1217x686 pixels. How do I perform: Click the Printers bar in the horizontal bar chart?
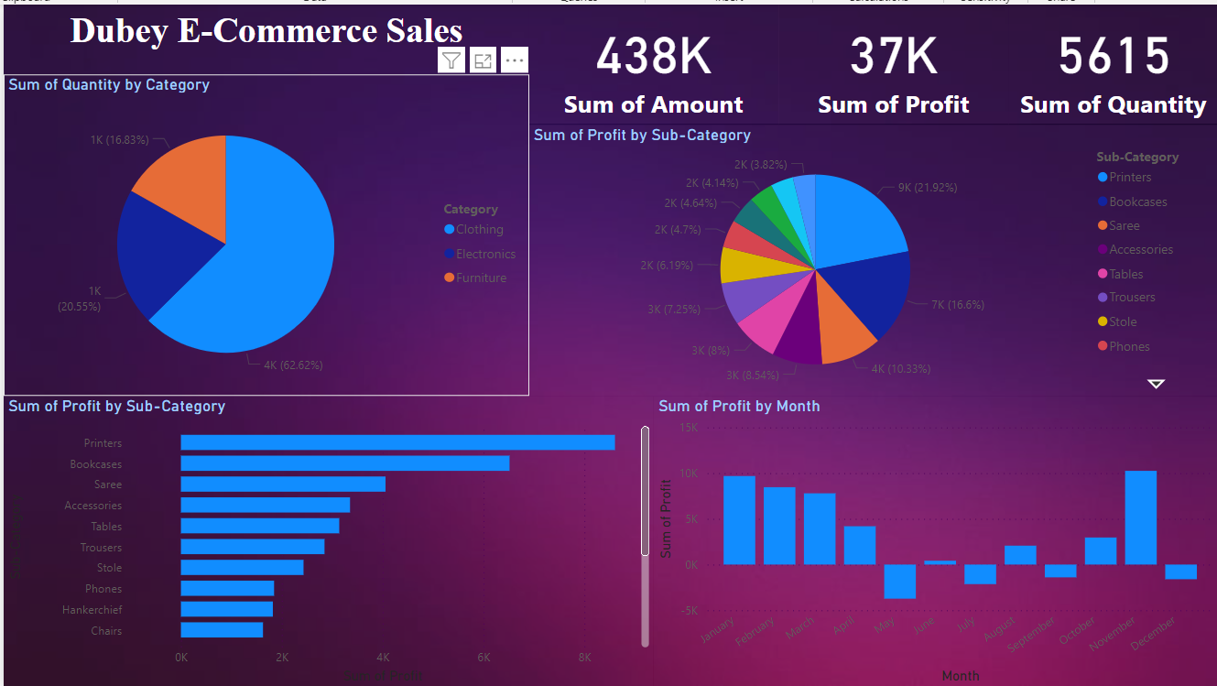pos(397,442)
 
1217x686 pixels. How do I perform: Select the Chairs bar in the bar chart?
pos(222,630)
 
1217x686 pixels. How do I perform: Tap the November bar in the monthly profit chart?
pos(1140,517)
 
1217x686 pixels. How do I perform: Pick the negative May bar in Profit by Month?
pos(899,581)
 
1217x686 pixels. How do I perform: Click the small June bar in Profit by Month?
pos(940,562)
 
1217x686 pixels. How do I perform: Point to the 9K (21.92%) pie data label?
pos(927,188)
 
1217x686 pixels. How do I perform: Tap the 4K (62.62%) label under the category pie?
pos(292,365)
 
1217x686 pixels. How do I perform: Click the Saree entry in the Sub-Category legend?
pos(1124,225)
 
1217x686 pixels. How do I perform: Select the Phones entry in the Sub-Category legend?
pos(1128,346)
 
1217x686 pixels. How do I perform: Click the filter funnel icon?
pos(451,60)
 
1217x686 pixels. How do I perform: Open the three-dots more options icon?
pos(515,60)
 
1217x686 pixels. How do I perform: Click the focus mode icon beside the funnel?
pos(483,60)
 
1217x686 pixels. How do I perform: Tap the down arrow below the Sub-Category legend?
pos(1156,384)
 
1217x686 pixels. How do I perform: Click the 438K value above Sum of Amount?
pos(653,56)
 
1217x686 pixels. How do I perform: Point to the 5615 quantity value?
pos(1114,56)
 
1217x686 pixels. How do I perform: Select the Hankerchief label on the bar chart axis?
pos(92,610)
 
